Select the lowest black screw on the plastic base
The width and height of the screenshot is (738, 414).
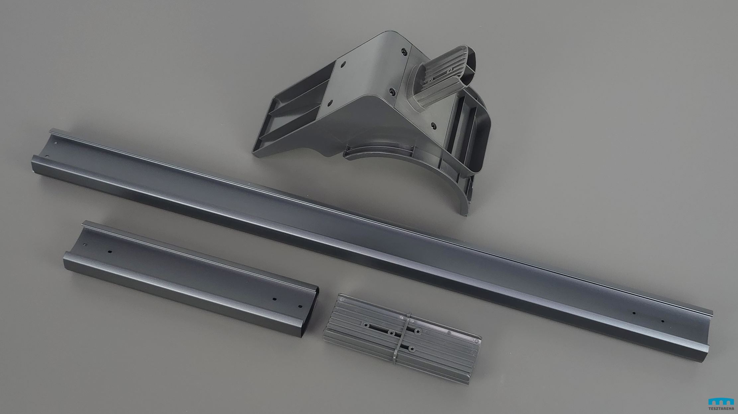pos(433,126)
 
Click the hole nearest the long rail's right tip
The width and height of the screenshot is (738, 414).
pos(663,321)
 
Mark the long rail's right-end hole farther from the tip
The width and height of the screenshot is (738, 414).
pos(634,313)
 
